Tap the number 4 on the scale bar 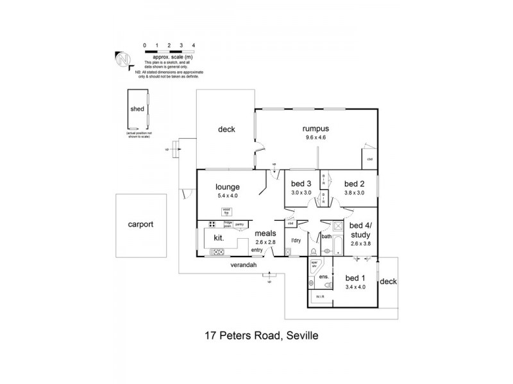(194, 45)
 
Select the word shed (137, 109)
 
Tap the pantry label (240, 224)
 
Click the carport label (140, 225)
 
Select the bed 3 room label (301, 184)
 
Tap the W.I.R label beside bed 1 (319, 297)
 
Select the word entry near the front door (256, 250)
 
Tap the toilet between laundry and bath (287, 252)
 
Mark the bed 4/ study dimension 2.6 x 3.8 (361, 243)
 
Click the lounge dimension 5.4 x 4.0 (227, 196)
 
